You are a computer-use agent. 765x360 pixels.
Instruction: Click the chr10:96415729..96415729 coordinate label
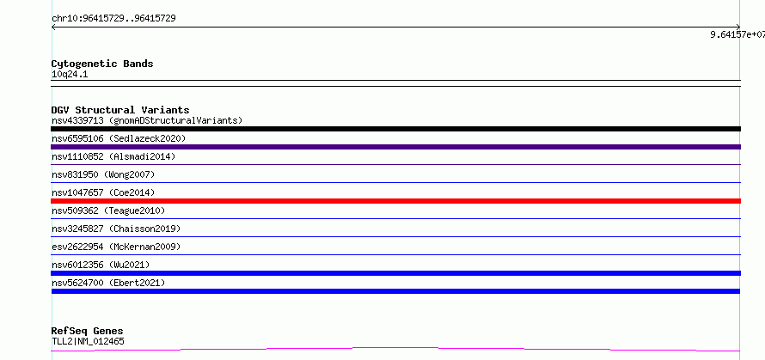pos(113,19)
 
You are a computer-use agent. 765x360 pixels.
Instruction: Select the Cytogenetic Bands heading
pos(102,64)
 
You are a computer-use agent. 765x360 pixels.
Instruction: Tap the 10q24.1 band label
pos(70,75)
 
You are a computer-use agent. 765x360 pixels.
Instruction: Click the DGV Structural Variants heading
pos(120,110)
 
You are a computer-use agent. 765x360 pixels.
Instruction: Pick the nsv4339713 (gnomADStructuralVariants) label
pos(147,120)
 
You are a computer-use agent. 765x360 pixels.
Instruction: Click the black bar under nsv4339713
pos(395,129)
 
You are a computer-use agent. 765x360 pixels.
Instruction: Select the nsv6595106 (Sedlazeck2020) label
pos(119,138)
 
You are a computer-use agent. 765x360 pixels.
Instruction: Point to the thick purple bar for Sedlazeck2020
pos(395,147)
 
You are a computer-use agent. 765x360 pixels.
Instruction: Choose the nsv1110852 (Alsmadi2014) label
pos(113,156)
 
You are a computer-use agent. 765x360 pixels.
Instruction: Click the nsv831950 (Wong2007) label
pos(103,174)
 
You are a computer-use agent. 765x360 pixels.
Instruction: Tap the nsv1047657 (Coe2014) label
pos(103,192)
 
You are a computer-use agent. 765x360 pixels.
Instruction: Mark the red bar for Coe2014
pos(395,201)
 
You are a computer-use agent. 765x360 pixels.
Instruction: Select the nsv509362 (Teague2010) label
pos(108,211)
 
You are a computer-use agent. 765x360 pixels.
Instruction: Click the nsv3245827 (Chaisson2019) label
pos(116,229)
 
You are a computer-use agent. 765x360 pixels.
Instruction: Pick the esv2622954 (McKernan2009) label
pos(116,247)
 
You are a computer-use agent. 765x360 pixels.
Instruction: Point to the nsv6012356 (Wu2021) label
pos(101,265)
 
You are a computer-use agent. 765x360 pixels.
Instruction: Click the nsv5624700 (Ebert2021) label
pos(108,283)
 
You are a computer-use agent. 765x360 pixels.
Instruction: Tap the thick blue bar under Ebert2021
pos(395,291)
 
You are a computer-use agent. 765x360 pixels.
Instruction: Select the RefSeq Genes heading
pos(88,332)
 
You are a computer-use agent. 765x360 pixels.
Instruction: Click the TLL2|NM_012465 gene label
pos(88,341)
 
